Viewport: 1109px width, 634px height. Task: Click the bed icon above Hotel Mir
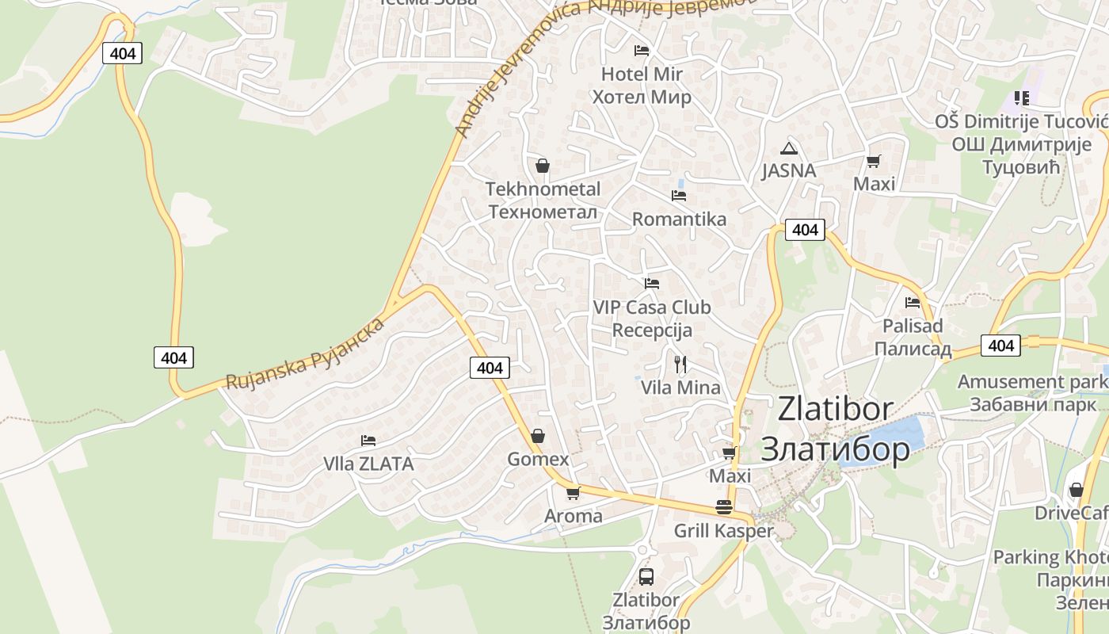(x=642, y=51)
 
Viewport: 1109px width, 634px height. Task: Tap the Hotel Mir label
(x=642, y=85)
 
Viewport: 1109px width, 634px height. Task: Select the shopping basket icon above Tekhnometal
(x=543, y=166)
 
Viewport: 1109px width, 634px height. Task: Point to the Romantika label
(x=679, y=220)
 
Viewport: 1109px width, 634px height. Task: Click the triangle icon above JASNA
(x=788, y=148)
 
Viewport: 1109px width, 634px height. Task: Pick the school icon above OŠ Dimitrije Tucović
(x=1021, y=98)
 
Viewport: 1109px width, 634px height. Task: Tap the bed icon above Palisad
(x=913, y=302)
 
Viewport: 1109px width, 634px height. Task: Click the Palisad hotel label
(x=913, y=337)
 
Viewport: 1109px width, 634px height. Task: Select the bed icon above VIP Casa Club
(x=652, y=283)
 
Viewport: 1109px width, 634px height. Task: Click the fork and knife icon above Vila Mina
(x=680, y=365)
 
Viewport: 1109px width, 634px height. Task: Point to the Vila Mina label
(x=680, y=388)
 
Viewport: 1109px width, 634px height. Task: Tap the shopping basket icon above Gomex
(x=538, y=436)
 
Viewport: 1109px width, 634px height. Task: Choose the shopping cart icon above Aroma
(x=574, y=493)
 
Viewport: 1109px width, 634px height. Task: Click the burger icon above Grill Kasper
(x=724, y=507)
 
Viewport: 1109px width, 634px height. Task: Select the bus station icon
(x=646, y=576)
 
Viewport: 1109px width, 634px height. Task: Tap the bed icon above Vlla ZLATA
(x=368, y=441)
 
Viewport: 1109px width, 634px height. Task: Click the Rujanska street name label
(x=305, y=353)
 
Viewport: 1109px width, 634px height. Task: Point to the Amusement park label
(x=1031, y=392)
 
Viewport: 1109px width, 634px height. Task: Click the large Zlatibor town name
(x=835, y=429)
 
